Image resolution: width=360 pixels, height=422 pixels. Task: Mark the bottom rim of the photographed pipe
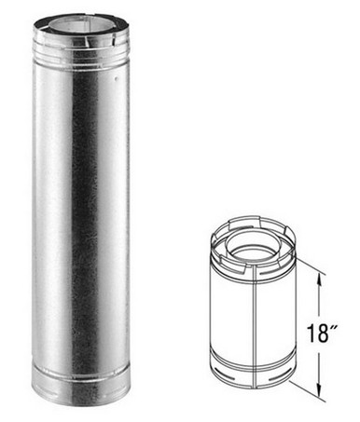point(79,402)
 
